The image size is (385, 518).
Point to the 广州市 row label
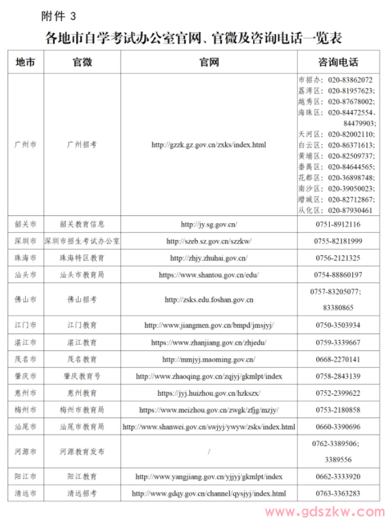26,145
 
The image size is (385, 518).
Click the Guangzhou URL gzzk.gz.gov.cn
209,145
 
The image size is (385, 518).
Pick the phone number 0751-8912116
337,224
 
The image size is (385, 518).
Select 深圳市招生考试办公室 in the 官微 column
82,241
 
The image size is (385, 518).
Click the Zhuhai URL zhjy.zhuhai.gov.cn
209,258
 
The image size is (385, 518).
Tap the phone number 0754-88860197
337,275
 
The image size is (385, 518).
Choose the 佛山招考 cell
82,299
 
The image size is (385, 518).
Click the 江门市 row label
26,325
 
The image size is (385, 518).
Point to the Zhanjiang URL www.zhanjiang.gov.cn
209,342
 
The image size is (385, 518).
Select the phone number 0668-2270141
337,359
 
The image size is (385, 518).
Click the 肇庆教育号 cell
82,376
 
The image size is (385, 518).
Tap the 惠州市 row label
26,393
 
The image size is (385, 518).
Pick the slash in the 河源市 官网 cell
209,451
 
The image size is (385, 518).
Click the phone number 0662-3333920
337,477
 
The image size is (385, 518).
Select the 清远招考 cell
82,494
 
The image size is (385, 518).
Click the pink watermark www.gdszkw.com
321,510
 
